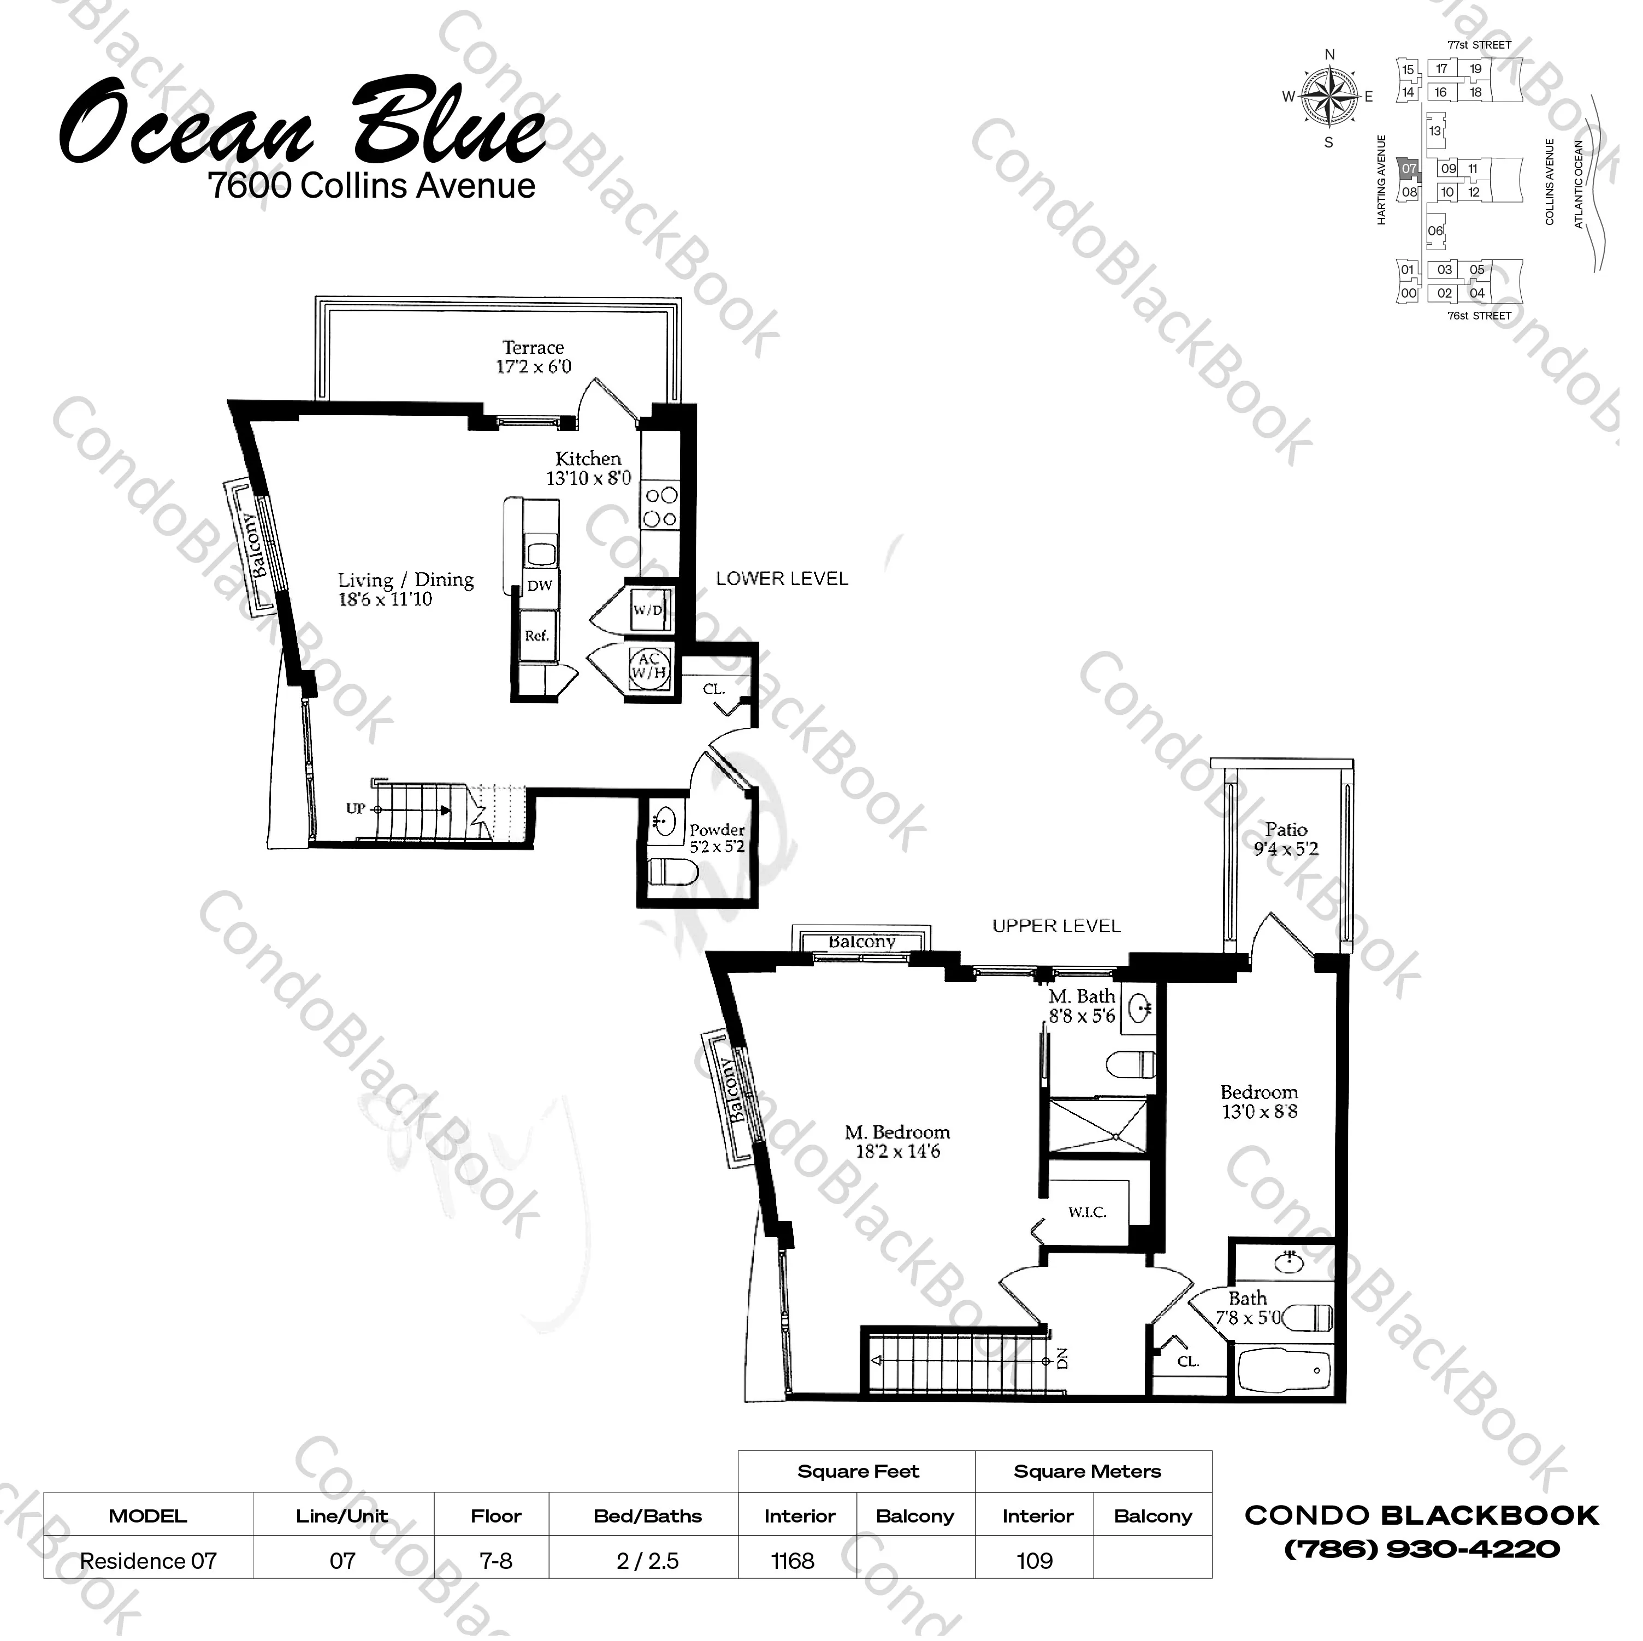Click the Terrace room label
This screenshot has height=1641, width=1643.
533,348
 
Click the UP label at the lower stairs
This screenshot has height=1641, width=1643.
356,809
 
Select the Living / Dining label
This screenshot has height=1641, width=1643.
406,580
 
